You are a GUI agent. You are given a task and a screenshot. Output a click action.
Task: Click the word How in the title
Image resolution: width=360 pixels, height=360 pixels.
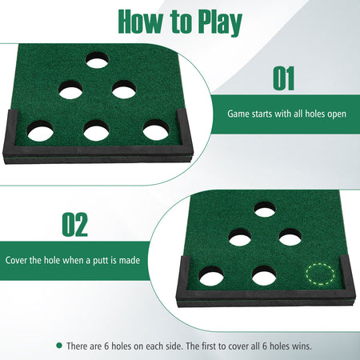pyautogui.click(x=140, y=22)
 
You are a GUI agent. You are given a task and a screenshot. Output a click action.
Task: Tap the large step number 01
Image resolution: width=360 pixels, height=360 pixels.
pyautogui.click(x=284, y=78)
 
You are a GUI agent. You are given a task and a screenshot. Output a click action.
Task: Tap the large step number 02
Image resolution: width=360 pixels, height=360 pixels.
pyautogui.click(x=75, y=224)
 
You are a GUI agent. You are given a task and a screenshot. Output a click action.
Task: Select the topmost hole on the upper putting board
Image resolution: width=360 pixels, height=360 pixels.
pyautogui.click(x=97, y=60)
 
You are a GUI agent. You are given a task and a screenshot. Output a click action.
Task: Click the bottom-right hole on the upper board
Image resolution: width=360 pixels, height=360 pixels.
pyautogui.click(x=156, y=130)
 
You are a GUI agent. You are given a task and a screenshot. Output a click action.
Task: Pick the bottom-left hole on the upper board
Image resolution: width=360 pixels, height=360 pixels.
pyautogui.click(x=40, y=131)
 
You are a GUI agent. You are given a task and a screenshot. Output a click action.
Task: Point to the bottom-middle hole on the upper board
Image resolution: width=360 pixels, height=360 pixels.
pyautogui.click(x=96, y=130)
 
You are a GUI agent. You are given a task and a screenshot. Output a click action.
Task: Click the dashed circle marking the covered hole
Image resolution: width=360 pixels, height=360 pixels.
pyautogui.click(x=320, y=274)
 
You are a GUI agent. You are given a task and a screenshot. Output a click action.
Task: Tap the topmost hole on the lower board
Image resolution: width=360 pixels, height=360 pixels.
pyautogui.click(x=265, y=209)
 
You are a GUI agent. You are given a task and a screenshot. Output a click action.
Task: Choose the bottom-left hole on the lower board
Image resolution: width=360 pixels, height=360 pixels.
pyautogui.click(x=211, y=275)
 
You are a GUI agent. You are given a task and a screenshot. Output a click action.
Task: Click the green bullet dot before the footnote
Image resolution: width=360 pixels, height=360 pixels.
pyautogui.click(x=59, y=346)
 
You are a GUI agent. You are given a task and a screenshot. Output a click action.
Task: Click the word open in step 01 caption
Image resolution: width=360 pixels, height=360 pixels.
pyautogui.click(x=337, y=114)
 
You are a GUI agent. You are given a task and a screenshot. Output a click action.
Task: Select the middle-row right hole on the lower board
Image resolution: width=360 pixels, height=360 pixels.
pyautogui.click(x=290, y=237)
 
